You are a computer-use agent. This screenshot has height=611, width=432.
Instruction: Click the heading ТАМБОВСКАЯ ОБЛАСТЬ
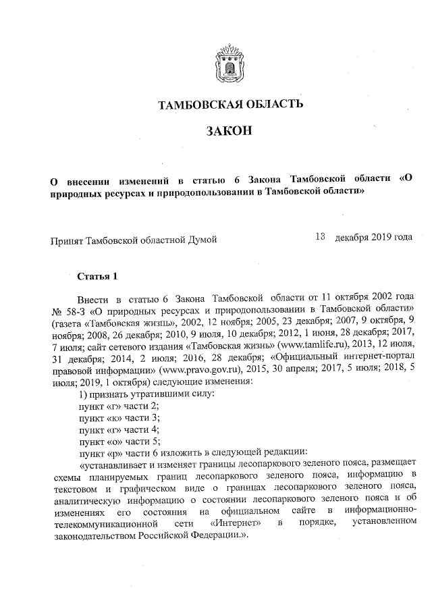[225, 104]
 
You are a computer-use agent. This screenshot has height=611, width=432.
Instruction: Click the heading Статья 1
[98, 276]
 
